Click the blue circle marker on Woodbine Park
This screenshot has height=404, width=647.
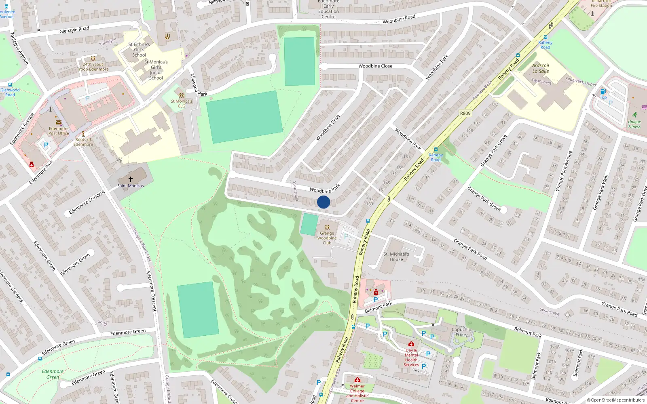pos(323,202)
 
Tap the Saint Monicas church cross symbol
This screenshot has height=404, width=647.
pos(131,179)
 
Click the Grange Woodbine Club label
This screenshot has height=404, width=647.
pos(327,238)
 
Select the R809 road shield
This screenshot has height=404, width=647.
pos(465,113)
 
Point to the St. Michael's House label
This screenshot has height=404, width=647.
pos(396,257)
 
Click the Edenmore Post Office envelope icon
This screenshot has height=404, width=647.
pos(59,122)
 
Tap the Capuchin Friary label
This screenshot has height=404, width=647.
pos(461,332)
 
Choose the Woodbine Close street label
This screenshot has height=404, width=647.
pos(375,66)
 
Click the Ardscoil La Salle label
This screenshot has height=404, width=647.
pos(541,68)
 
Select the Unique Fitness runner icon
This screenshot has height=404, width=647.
pos(634,115)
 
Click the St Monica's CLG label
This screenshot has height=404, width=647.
pos(181,104)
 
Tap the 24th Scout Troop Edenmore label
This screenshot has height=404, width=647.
pos(93,67)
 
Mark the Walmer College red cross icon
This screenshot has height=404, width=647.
pos(357,380)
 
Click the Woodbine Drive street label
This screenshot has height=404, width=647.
pos(328,128)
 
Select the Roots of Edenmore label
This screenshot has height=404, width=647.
pos(83,142)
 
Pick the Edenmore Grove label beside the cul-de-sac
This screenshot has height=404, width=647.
pos(75,265)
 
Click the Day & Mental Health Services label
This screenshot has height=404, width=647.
pos(411,358)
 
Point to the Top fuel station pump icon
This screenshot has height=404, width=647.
pos(603,92)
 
